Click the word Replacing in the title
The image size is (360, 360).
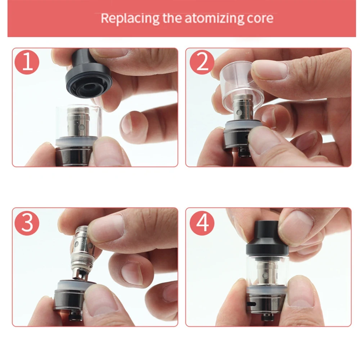(130, 18)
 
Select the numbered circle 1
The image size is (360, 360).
(27, 62)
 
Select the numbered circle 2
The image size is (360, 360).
(202, 62)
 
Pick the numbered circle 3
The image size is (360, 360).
(27, 223)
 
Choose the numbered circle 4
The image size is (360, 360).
(202, 223)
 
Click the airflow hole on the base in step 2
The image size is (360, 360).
(247, 137)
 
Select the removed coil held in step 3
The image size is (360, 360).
(83, 253)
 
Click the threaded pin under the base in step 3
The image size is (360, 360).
(76, 316)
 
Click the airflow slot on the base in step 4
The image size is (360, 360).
(252, 304)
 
